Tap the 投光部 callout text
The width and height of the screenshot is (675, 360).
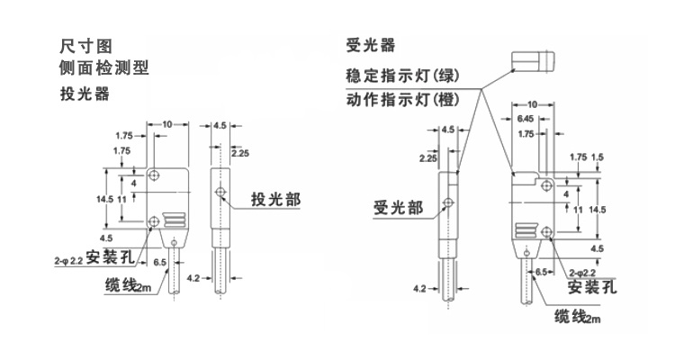pos(275,200)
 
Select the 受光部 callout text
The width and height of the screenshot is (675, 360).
pos(398,208)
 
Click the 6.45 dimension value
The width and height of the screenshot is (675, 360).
pos(527,118)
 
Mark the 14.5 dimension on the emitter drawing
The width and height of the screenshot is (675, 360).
pos(104,198)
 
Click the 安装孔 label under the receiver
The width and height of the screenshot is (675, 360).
pos(592,288)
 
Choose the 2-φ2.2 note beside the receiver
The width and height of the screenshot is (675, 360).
pos(586,270)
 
